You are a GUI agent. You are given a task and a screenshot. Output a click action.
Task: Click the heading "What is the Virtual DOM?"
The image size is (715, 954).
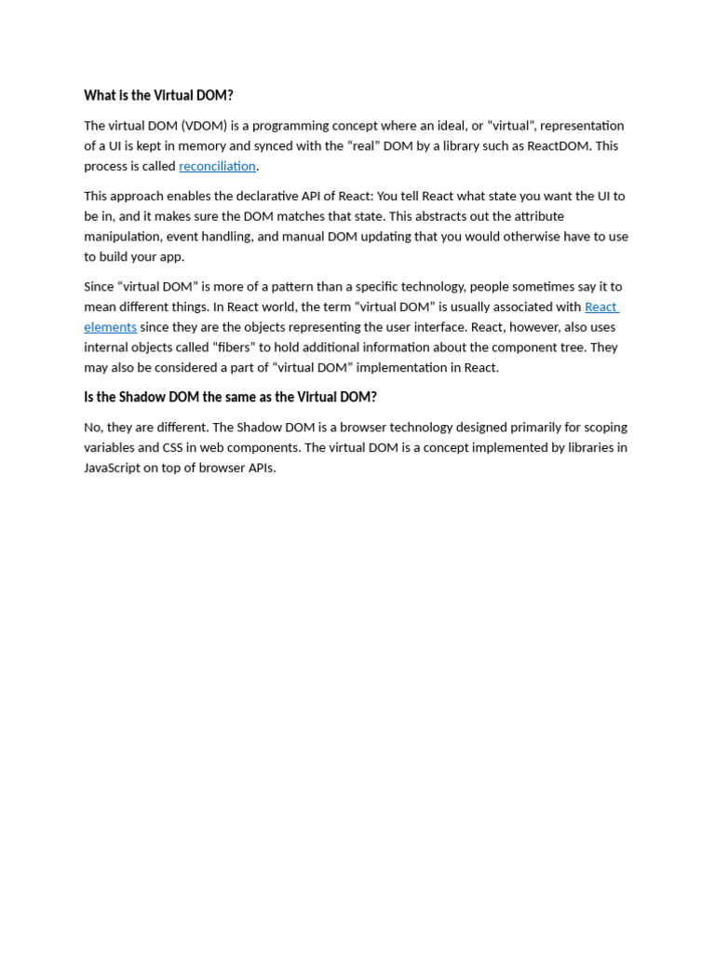pos(158,95)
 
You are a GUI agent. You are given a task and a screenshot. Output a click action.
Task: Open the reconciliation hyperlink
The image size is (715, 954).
pos(217,166)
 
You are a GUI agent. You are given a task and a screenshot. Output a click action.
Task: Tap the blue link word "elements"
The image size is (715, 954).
pos(110,327)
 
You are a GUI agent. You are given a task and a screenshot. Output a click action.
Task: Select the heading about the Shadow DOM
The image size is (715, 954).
pos(230,397)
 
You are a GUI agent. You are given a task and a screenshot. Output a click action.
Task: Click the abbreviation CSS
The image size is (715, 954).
pos(173,447)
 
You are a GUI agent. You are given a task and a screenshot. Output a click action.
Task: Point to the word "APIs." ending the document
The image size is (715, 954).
pos(261,468)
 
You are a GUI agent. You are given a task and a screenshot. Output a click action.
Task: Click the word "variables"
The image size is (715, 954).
pos(109,447)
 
